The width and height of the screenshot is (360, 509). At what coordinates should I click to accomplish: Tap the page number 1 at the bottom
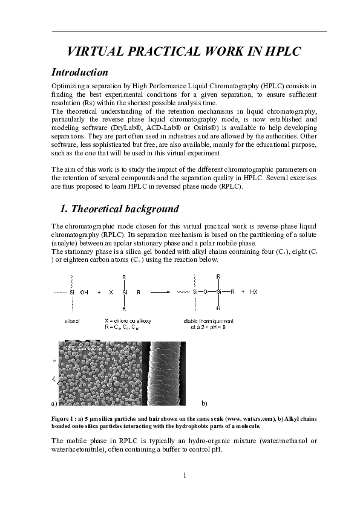(x=184, y=475)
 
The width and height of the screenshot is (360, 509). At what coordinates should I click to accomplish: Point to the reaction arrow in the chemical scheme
(x=160, y=292)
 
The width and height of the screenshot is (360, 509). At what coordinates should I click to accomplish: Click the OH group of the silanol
(x=84, y=292)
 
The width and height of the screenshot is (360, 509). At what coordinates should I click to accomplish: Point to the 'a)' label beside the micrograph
(x=54, y=403)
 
